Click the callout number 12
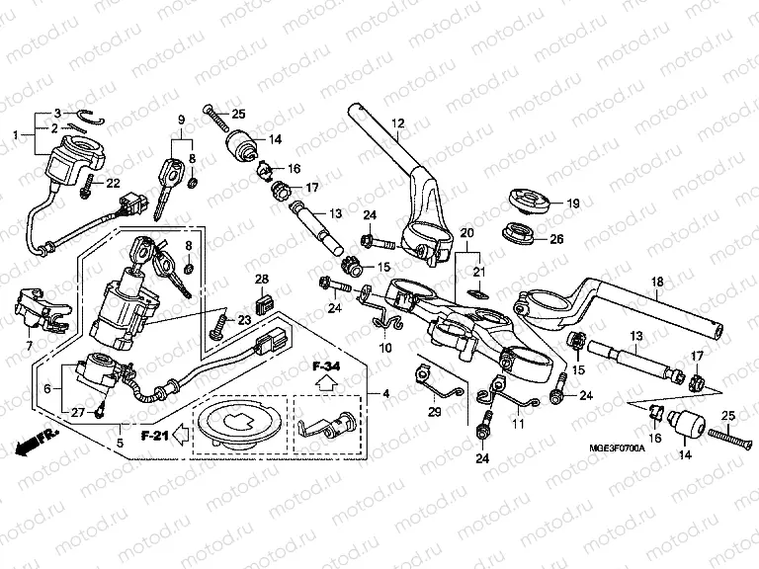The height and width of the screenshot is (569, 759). coord(398,123)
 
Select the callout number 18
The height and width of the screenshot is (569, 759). coord(657,282)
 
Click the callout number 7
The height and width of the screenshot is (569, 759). coord(29,346)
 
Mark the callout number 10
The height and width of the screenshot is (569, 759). coord(384,348)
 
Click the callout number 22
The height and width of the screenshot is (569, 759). coord(113,183)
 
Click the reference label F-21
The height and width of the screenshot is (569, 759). coord(151,434)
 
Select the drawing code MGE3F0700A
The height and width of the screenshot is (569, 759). coord(614,447)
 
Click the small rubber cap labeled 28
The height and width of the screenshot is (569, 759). coord(262,302)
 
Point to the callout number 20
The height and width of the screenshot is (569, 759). coord(467,231)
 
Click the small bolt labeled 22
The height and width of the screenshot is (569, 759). coord(89,185)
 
